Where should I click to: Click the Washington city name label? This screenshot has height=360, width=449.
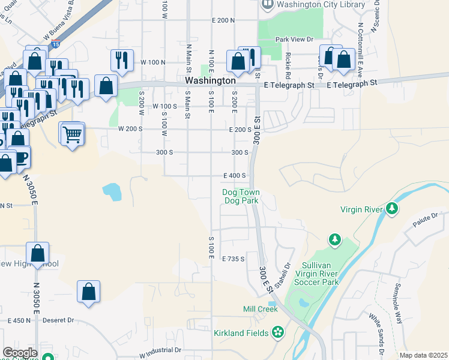pyautogui.click(x=210, y=80)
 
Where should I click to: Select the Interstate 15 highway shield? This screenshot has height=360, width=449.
pyautogui.click(x=56, y=43)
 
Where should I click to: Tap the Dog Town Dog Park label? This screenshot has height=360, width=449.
pyautogui.click(x=240, y=197)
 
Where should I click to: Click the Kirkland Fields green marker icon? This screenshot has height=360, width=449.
pyautogui.click(x=277, y=331)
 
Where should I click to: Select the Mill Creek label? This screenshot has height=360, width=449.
pyautogui.click(x=260, y=309)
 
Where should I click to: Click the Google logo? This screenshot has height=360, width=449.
pyautogui.click(x=20, y=352)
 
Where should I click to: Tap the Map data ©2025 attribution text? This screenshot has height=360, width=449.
pyautogui.click(x=423, y=355)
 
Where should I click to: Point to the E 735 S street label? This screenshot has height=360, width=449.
pyautogui.click(x=234, y=259)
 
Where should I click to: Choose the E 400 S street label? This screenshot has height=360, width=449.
pyautogui.click(x=235, y=176)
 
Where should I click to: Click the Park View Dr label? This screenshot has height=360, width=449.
pyautogui.click(x=294, y=40)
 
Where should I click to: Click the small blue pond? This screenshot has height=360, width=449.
pyautogui.click(x=112, y=192)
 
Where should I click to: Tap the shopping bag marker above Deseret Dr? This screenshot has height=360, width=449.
pyautogui.click(x=89, y=292)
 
